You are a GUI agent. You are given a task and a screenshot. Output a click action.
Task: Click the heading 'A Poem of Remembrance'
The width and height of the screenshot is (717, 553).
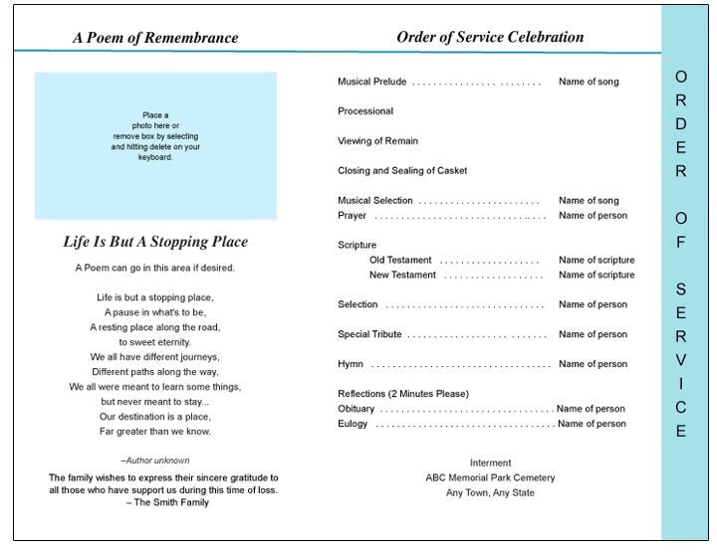(x=155, y=39)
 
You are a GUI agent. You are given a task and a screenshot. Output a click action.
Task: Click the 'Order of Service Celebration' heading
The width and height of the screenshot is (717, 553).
(x=490, y=38)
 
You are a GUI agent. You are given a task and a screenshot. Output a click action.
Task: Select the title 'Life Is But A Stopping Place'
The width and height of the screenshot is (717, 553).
(x=155, y=243)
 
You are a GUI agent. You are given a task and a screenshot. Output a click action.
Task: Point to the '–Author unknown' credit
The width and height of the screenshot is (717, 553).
(x=155, y=461)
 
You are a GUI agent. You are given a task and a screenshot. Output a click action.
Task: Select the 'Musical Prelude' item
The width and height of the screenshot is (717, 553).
(x=371, y=82)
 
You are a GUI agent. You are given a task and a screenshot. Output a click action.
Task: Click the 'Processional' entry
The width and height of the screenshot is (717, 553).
(x=365, y=111)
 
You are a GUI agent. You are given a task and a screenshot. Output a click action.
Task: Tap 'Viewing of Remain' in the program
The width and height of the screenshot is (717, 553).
(x=377, y=141)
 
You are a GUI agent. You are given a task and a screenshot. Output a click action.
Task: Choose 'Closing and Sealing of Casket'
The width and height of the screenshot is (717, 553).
(x=402, y=171)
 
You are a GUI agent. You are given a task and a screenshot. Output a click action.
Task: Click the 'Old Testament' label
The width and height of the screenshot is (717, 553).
(x=398, y=260)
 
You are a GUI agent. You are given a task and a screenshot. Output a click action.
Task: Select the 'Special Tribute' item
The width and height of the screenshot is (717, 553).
(x=370, y=334)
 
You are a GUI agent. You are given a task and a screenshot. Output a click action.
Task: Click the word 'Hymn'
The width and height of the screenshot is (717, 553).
(x=351, y=364)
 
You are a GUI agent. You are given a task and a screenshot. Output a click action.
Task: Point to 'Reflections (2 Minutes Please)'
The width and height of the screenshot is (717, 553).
(x=403, y=394)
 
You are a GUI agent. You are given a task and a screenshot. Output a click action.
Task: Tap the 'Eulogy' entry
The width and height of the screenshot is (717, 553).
(x=354, y=424)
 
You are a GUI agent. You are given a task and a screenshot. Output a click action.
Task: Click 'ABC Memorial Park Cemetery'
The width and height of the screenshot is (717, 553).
(x=490, y=477)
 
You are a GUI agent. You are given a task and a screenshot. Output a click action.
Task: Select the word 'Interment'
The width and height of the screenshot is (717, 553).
(x=490, y=462)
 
